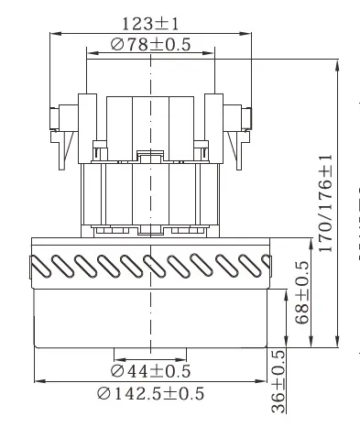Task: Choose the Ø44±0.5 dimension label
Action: [x=149, y=371]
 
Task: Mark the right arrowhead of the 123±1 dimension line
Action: [x=248, y=34]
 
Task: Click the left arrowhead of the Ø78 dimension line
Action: [x=88, y=55]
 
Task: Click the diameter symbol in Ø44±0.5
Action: [x=117, y=371]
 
